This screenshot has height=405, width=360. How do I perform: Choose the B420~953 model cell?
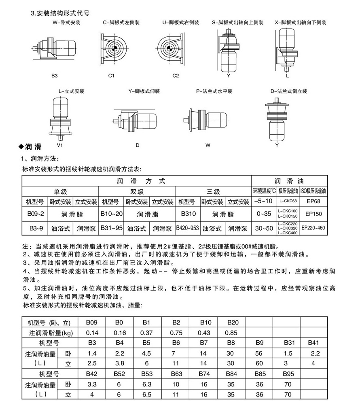click(188, 229)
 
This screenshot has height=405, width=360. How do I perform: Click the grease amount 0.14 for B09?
click(92, 333)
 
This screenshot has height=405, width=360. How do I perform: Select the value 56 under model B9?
click(260, 353)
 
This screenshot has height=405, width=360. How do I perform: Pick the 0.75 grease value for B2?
click(176, 333)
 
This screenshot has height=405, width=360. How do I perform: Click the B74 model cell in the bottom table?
click(204, 373)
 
